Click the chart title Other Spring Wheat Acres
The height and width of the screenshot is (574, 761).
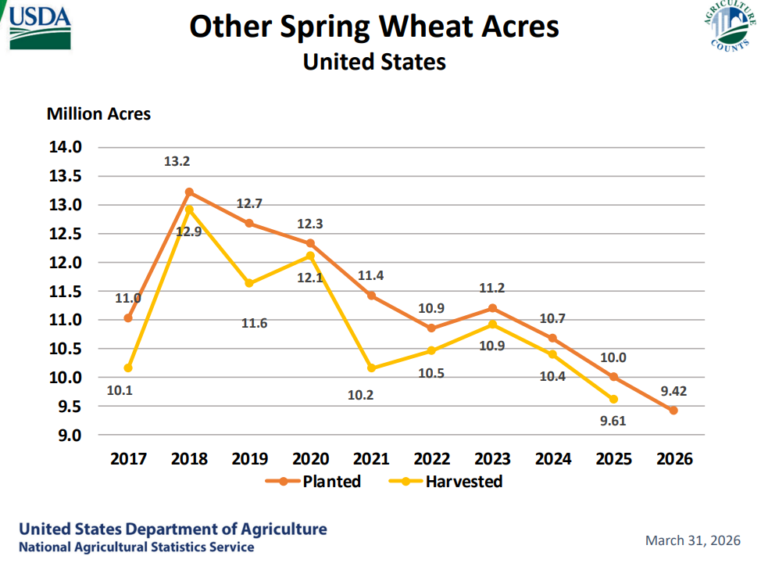click(x=374, y=27)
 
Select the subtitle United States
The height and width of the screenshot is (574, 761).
click(x=374, y=62)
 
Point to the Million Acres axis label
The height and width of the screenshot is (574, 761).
click(x=98, y=114)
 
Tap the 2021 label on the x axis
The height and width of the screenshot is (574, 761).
click(x=371, y=459)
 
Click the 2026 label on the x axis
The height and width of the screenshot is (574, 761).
click(x=673, y=459)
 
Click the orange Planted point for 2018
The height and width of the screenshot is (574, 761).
click(x=189, y=192)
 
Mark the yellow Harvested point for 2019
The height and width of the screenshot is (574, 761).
click(x=249, y=283)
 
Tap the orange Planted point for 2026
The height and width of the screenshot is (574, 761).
click(x=673, y=411)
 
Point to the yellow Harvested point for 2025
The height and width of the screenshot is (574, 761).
click(x=613, y=400)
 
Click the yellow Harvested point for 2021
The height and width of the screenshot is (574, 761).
click(x=371, y=368)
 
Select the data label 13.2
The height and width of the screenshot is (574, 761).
click(x=177, y=162)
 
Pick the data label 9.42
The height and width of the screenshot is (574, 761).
click(x=673, y=391)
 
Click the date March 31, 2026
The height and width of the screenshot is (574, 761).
click(x=693, y=540)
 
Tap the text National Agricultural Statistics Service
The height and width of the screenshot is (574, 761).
click(x=137, y=547)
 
